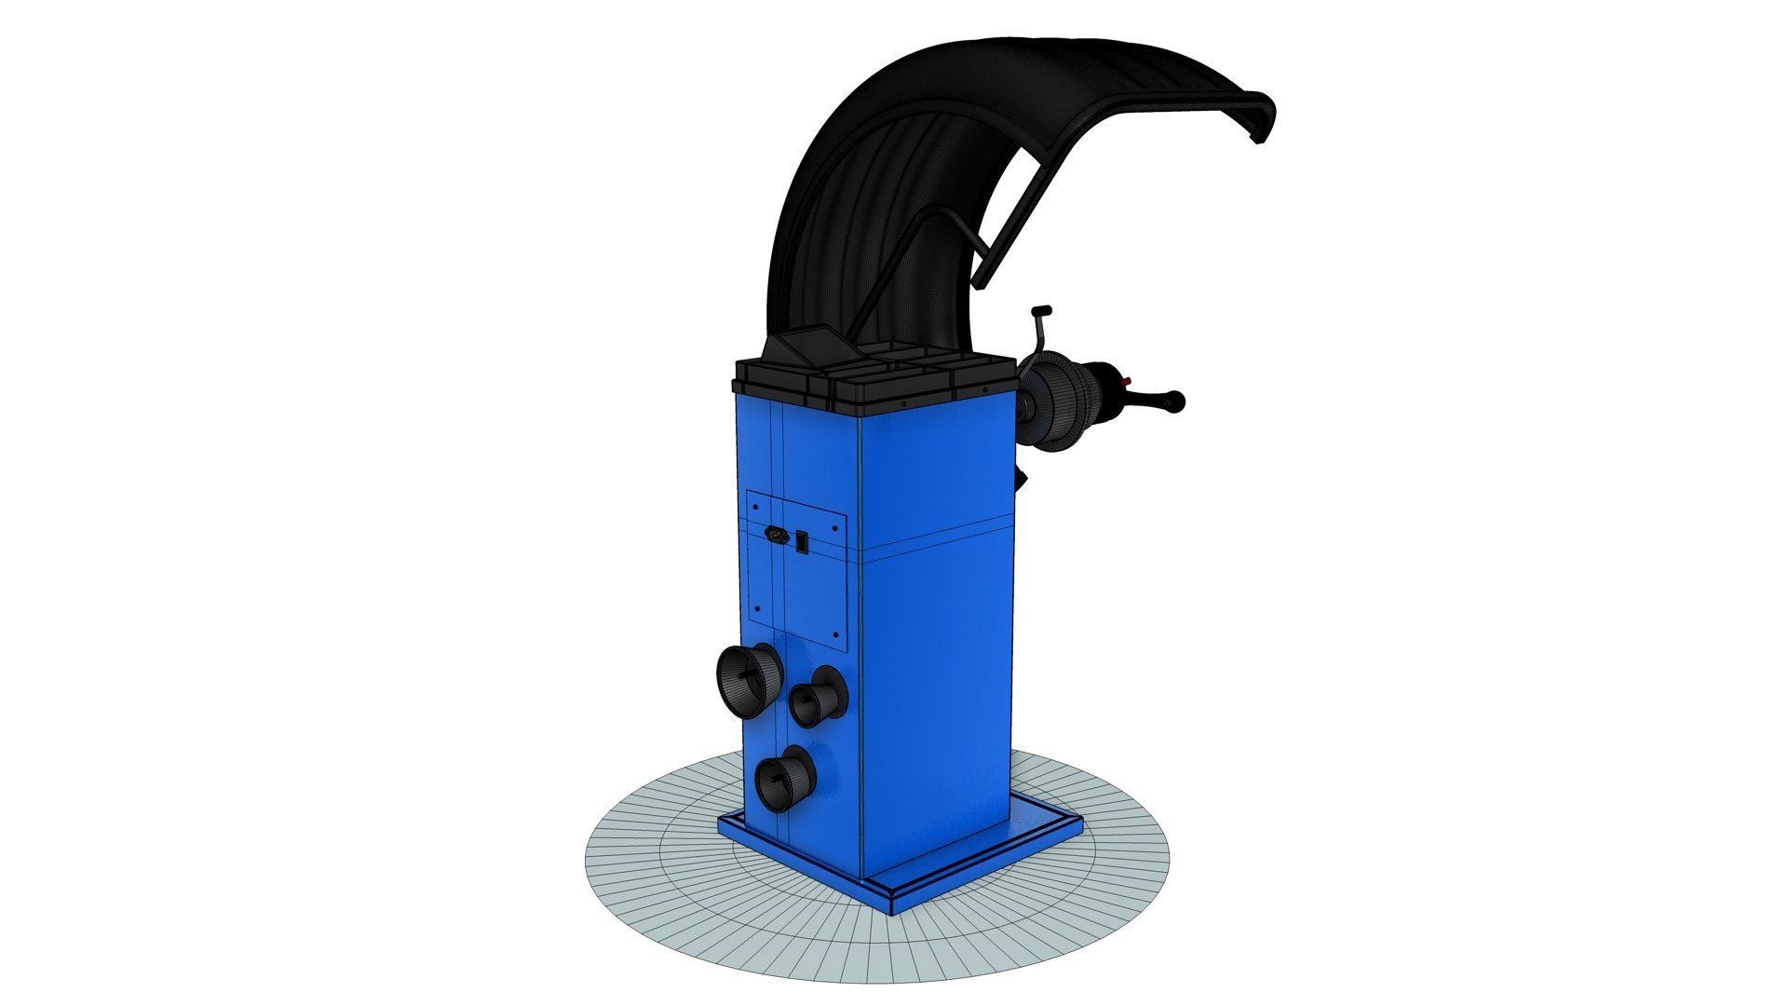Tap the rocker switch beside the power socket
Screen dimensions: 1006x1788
coord(802,539)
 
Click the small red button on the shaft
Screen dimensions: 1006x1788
coord(1126,381)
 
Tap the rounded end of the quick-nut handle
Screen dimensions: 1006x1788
coord(1179,401)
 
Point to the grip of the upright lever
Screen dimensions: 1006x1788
coord(1041,310)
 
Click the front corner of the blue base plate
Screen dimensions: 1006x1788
coord(892,907)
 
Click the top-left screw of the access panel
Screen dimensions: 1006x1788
coord(756,507)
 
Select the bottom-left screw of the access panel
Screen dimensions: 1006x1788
coord(758,609)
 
